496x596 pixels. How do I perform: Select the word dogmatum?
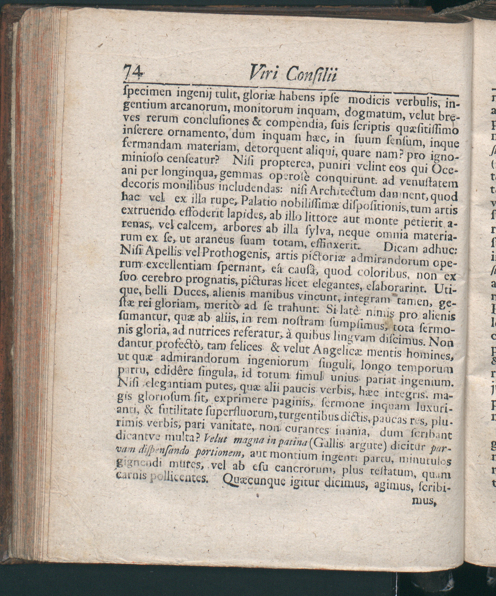point(368,114)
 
